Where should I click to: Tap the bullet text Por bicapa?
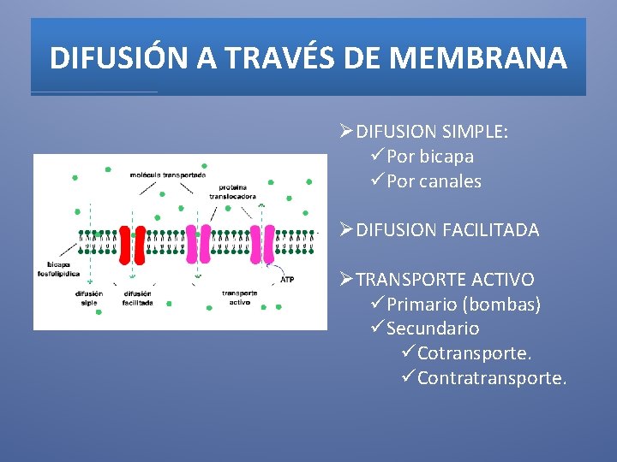pos(430,157)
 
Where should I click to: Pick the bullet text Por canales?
pos(434,181)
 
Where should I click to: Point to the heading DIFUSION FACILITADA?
pos(447,230)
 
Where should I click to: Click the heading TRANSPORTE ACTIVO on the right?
pos(445,280)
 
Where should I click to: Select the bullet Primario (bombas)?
pos(464,305)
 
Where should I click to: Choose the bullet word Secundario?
pos(433,329)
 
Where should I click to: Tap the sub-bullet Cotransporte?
pos(474,353)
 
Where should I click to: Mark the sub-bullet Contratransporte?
pos(492,378)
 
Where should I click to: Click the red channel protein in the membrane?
pos(133,244)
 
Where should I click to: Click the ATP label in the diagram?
pos(287,279)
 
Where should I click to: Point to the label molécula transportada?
pos(168,175)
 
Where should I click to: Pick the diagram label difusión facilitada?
pos(137,298)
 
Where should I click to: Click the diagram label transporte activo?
pos(239,298)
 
